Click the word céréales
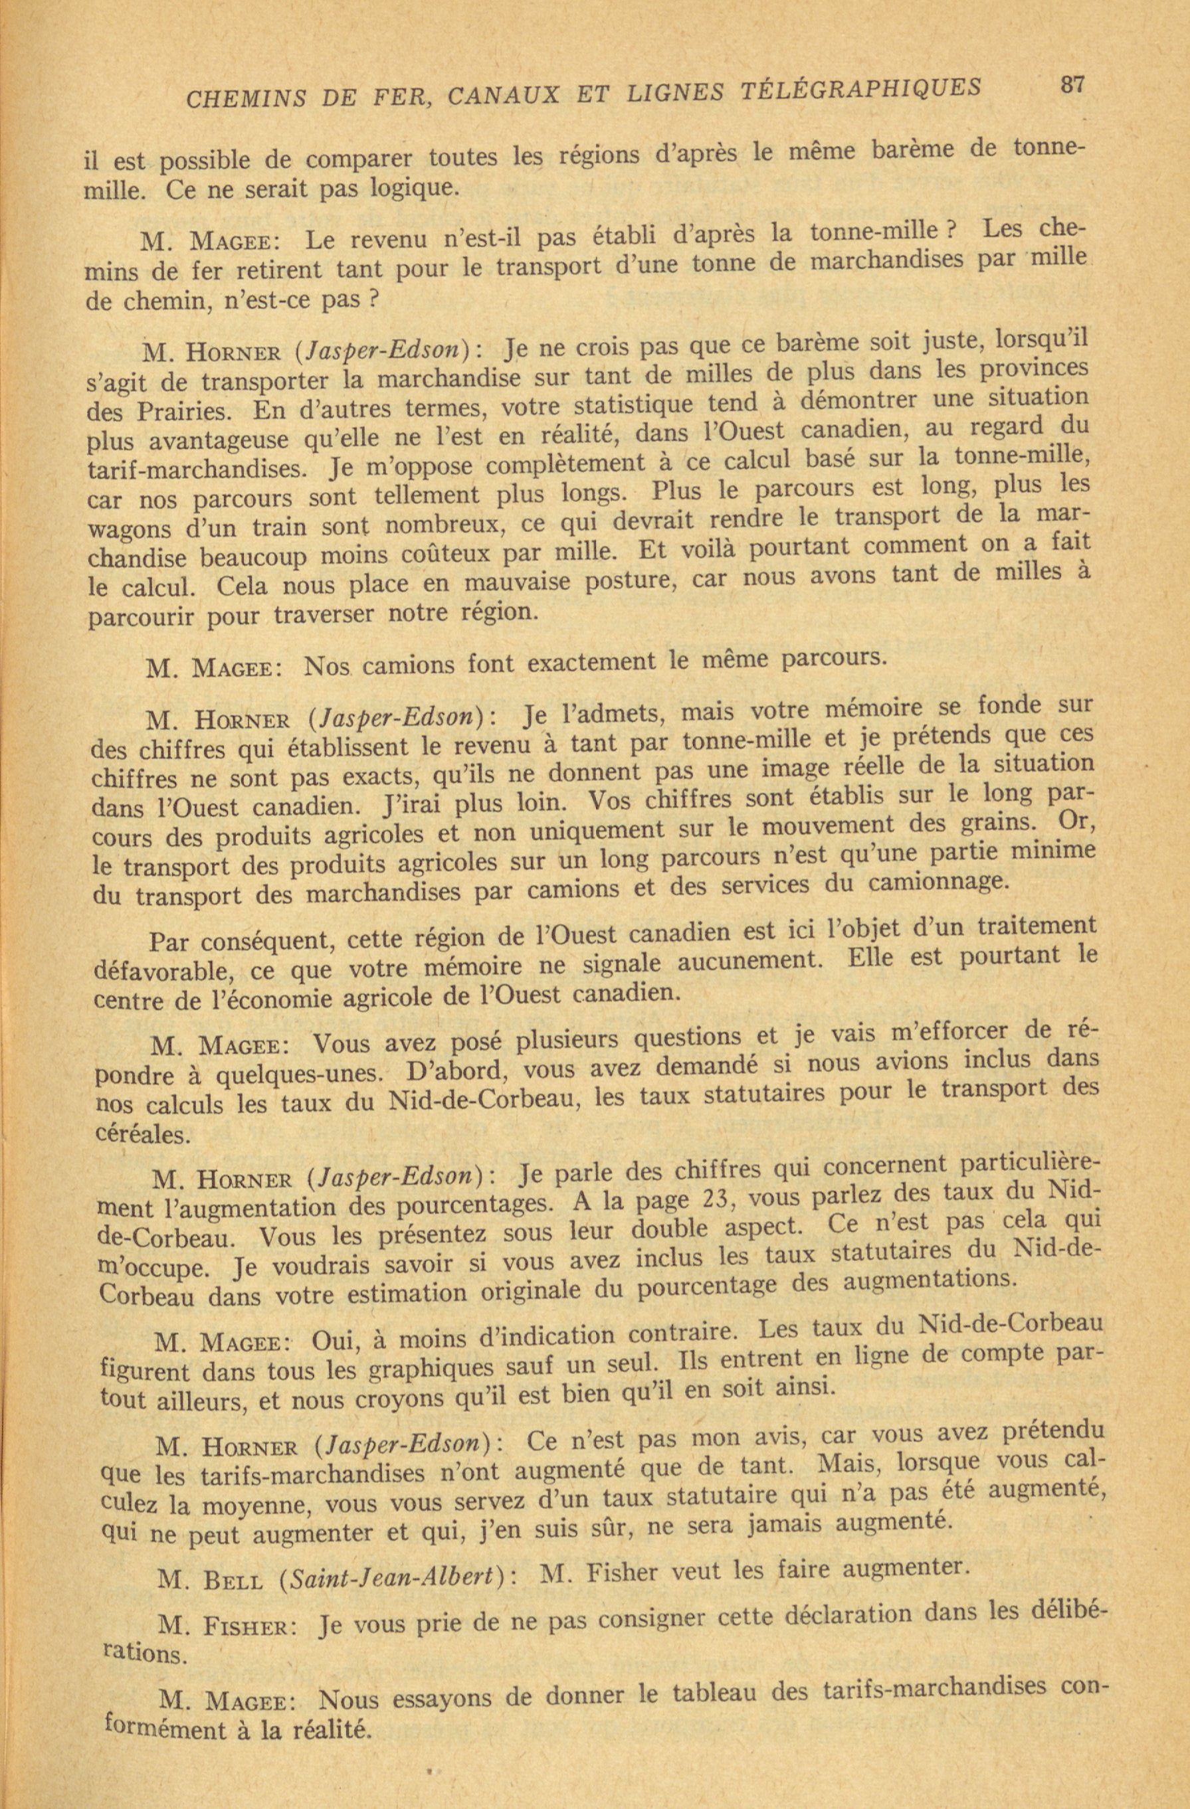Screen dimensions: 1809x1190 142,1136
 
